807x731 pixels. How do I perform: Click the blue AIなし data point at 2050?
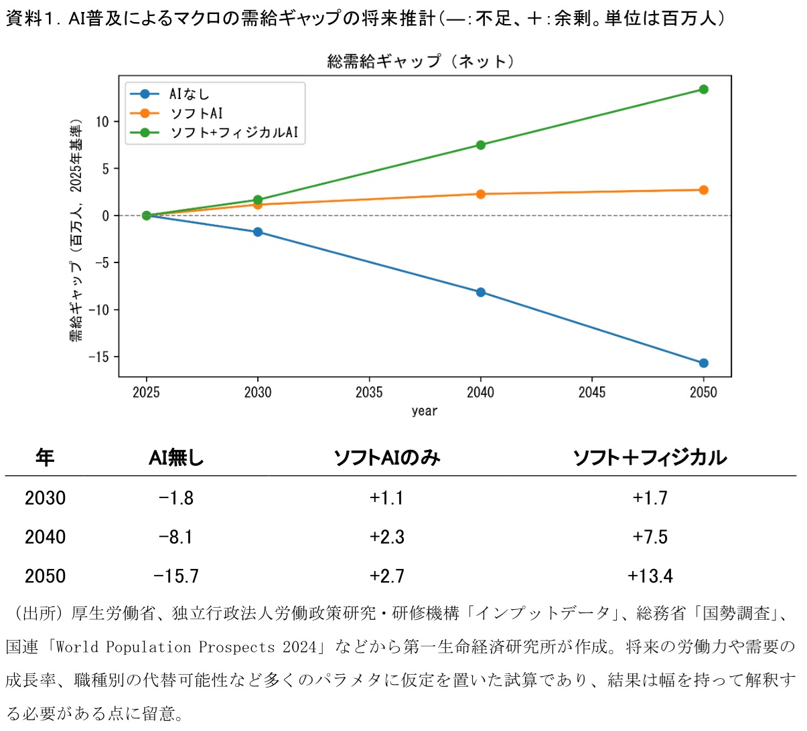(703, 363)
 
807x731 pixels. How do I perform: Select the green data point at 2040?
(480, 145)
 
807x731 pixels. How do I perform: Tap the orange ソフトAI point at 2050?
(703, 190)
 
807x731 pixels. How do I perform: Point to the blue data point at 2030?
(258, 232)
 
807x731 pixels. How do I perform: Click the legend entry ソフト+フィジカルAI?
(233, 133)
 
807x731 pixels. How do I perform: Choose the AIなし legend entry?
(189, 94)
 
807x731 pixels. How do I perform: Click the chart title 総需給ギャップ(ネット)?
(421, 62)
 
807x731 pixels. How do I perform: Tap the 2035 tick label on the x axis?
(369, 392)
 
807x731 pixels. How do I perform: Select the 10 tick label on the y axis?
(102, 122)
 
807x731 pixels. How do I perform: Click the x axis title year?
(425, 411)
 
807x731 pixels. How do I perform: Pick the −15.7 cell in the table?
(176, 576)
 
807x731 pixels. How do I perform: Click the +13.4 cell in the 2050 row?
(650, 576)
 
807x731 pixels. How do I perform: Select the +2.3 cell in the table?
(386, 537)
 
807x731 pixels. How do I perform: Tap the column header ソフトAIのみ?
(386, 458)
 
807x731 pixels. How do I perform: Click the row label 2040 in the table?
(45, 537)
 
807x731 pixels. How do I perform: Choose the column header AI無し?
(176, 458)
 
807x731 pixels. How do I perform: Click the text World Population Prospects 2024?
(186, 647)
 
